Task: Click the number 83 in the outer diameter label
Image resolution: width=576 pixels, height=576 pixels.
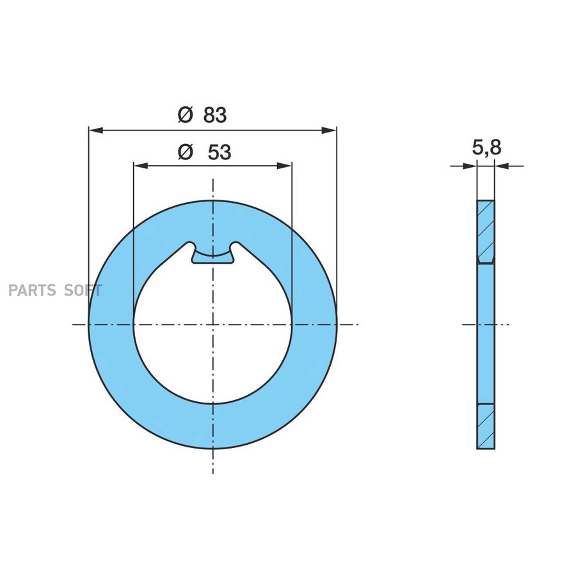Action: coord(215,115)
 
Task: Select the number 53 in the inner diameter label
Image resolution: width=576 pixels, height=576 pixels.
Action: coord(219,152)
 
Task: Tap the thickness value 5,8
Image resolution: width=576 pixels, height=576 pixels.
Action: coord(486,148)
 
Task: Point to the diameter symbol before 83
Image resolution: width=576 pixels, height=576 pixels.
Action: coord(185,115)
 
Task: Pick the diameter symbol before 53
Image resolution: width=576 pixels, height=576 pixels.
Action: coord(185,152)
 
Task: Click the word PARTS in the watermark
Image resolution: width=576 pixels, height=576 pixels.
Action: coord(32,291)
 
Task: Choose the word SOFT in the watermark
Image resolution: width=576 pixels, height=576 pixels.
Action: coord(83,291)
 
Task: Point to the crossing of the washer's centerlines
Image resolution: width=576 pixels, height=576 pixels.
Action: coord(212,324)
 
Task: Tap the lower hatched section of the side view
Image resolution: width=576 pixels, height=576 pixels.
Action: coord(486,427)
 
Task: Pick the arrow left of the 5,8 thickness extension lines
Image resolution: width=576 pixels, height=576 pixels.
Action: coord(470,166)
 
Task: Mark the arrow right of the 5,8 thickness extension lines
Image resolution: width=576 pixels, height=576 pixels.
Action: coord(502,166)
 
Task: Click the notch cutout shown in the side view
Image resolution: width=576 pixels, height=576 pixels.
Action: coord(486,261)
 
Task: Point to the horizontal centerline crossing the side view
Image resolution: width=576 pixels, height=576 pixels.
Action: coord(506,324)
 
